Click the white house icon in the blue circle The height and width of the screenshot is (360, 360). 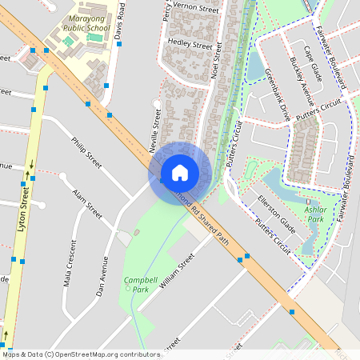pos(180,173)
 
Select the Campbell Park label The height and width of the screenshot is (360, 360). pos(135,284)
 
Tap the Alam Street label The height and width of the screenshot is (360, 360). pos(87,205)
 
